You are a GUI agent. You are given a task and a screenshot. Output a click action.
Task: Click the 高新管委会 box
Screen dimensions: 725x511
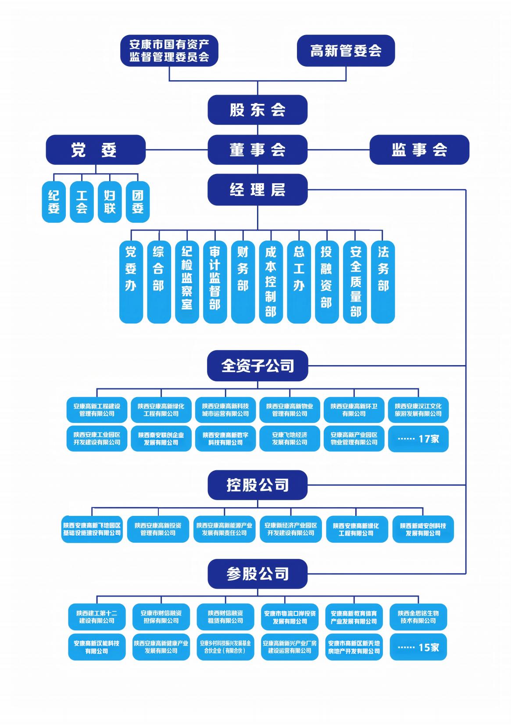(346, 51)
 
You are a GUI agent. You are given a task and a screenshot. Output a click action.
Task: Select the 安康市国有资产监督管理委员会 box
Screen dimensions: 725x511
(169, 51)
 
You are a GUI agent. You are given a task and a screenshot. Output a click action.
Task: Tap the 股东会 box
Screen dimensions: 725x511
(257, 110)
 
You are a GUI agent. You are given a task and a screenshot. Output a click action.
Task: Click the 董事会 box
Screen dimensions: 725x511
(257, 150)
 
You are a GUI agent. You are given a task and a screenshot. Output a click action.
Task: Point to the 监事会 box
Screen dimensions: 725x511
(419, 150)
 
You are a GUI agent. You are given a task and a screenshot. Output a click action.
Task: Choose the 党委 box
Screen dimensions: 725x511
(96, 150)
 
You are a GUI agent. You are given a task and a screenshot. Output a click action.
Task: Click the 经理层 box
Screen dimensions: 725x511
(257, 189)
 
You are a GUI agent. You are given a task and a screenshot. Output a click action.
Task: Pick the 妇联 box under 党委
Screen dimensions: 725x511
(110, 202)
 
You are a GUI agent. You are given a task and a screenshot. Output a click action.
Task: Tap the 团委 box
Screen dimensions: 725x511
(138, 202)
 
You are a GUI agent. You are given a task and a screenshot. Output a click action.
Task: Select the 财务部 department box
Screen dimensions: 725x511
(243, 281)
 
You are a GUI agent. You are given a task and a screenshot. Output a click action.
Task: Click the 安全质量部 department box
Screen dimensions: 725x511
(355, 281)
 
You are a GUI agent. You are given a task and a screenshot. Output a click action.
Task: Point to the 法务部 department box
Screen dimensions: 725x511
(383, 281)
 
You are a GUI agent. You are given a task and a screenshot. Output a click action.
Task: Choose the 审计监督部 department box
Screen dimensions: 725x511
(215, 281)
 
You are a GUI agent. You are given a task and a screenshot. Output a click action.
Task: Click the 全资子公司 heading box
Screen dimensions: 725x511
(257, 366)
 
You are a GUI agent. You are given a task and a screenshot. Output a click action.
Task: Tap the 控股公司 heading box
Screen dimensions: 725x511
(257, 485)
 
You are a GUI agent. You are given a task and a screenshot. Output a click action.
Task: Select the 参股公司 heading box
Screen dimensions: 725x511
(257, 573)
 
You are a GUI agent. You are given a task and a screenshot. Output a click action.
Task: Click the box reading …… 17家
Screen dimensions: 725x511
(418, 438)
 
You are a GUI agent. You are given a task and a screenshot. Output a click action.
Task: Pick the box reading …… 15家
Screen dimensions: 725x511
(418, 647)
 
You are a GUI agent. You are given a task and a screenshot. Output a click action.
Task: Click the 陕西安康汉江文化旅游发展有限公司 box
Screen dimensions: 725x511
(418, 410)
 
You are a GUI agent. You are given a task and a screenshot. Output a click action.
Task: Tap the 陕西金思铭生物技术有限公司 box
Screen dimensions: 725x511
(418, 617)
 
